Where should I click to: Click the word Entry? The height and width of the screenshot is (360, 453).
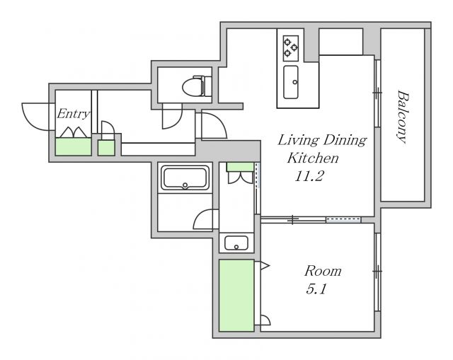pos(74,114)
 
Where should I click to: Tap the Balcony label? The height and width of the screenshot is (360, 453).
pos(403,117)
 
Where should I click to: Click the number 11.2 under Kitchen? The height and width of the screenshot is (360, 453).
pos(309,176)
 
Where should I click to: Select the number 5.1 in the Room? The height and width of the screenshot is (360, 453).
pos(316,289)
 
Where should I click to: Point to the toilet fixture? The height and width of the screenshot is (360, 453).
pos(197,86)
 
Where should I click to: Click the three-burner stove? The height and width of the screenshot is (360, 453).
pos(290,48)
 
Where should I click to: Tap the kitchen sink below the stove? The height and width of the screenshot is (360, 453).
pos(291,82)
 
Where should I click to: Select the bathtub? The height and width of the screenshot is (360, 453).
pos(185,178)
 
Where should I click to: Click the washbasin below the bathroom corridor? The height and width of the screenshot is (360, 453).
pos(236,243)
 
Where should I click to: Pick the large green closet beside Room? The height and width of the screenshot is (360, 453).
pos(236,296)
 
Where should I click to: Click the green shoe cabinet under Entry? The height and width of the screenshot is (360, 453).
pos(74,146)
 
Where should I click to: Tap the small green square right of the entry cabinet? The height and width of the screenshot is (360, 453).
pos(106,148)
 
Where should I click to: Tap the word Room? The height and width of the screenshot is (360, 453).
pos(323,271)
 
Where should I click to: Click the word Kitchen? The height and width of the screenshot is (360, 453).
pos(313,158)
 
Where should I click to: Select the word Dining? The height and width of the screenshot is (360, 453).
pos(345,140)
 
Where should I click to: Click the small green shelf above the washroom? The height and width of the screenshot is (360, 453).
pos(240,167)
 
